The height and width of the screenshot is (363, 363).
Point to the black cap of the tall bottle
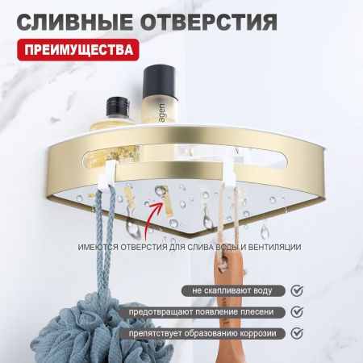tap(156, 78)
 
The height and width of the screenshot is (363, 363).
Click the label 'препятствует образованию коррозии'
tap(209, 333)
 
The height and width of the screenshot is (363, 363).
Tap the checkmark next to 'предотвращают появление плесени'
tap(295, 311)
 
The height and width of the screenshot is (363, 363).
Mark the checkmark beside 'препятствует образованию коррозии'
tap(295, 333)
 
